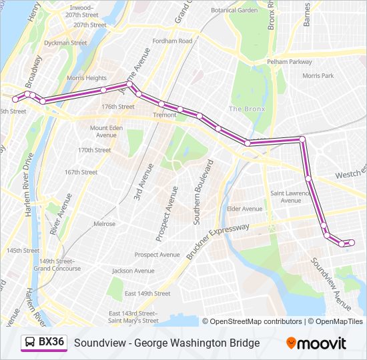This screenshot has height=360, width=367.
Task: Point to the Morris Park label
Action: coord(318,76)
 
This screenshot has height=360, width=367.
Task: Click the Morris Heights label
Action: coord(86,78)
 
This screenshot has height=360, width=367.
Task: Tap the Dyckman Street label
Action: coord(65,43)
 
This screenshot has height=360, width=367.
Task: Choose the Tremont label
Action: coord(165,115)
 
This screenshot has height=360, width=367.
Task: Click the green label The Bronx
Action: coord(247,109)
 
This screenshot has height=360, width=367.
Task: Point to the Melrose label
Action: coord(104,224)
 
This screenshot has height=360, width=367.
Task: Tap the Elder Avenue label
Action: coord(245,209)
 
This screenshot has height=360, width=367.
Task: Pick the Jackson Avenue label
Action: coord(133,271)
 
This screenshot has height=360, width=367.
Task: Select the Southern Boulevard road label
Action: coord(203,192)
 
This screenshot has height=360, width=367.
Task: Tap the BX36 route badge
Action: coord(51,343)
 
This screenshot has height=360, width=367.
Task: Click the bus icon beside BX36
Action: coord(31,343)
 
